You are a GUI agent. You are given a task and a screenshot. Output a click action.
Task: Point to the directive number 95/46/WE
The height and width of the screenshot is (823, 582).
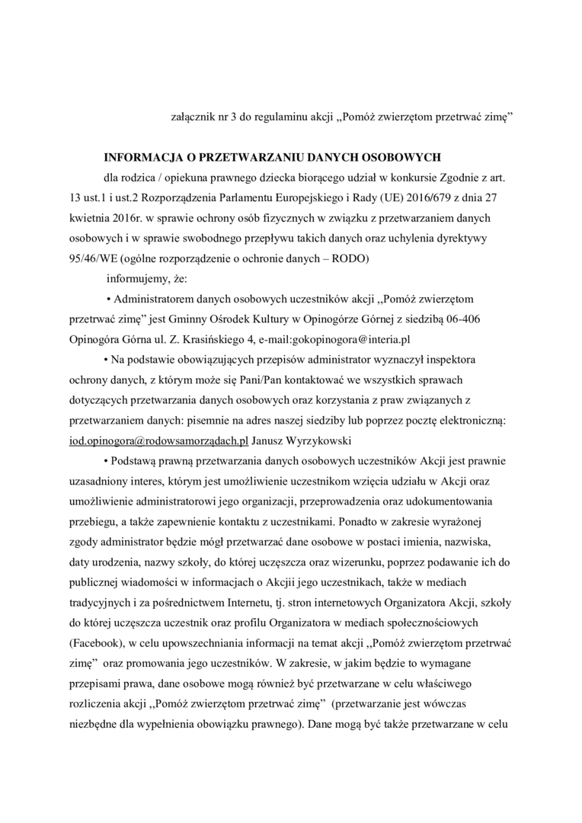[88, 257]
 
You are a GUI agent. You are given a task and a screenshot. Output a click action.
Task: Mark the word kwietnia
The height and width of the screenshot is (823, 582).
[88, 216]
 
